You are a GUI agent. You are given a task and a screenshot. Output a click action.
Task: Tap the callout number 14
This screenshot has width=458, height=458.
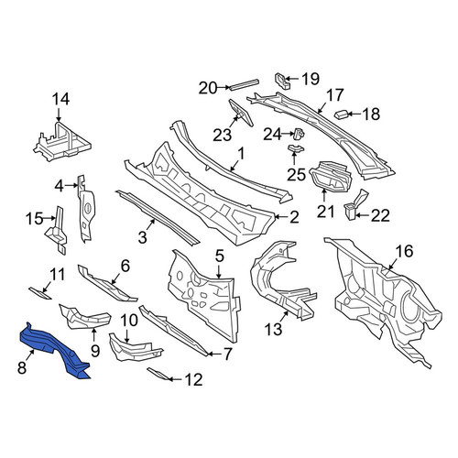tap(60, 100)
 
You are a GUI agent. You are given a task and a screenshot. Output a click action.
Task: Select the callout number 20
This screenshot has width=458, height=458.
tap(208, 88)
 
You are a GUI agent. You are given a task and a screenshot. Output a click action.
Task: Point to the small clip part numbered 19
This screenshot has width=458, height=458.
tap(282, 81)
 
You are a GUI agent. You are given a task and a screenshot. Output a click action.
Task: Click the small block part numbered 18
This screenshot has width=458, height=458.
tap(342, 114)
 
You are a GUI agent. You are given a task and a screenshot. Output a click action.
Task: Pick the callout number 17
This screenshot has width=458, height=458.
tap(335, 95)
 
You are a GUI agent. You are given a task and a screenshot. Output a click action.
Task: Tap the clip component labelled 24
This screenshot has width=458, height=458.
tap(299, 133)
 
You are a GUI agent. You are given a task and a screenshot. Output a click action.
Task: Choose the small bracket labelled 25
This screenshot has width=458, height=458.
tap(296, 148)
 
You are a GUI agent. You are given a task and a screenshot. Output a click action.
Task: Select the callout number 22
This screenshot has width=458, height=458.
tap(380, 216)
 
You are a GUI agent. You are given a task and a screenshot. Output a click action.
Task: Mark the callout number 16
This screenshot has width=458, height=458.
tap(404, 251)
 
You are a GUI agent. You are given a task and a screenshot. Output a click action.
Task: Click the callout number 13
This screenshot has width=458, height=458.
tap(274, 330)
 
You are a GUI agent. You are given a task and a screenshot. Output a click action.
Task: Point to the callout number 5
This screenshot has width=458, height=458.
tap(220, 256)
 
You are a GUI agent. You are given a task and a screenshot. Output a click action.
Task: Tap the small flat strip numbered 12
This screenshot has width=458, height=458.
tap(158, 374)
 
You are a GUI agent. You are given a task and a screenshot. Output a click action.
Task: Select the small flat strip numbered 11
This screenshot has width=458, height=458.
tap(40, 293)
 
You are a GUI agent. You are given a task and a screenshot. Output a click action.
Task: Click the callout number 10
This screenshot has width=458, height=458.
tap(129, 321)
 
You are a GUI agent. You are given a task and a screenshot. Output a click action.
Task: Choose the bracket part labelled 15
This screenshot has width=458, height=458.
tap(58, 229)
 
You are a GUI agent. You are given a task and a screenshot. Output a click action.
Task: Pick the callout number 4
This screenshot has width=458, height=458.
tap(60, 186)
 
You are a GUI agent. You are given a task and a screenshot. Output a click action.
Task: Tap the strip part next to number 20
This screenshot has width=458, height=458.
tap(245, 84)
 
